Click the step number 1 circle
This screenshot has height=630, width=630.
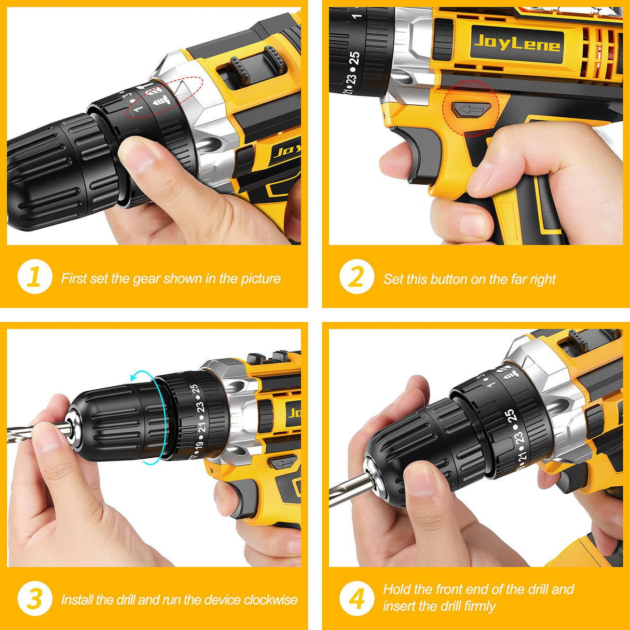pyautogui.click(x=35, y=277)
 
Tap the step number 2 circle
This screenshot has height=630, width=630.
pyautogui.click(x=357, y=277)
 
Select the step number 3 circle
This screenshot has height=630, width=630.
pyautogui.click(x=35, y=599)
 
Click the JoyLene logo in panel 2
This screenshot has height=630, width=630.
pyautogui.click(x=517, y=41)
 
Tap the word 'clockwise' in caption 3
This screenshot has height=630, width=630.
pyautogui.click(x=270, y=600)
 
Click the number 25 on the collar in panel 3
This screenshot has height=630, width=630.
pyautogui.click(x=194, y=389)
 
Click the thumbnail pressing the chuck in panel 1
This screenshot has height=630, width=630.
pyautogui.click(x=133, y=154)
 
